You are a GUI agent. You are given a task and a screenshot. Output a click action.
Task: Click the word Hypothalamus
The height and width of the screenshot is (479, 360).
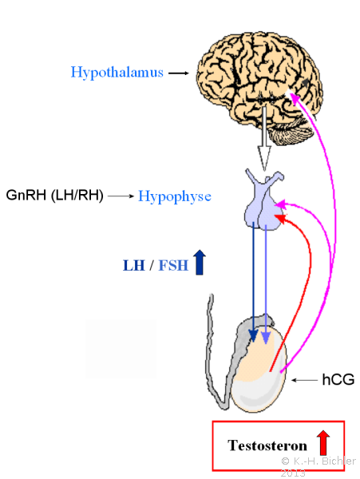[x=117, y=73]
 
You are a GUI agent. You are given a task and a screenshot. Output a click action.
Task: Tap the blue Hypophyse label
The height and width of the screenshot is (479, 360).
[x=175, y=196]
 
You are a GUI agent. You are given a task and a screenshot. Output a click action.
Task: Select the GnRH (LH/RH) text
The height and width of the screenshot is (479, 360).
[x=54, y=195]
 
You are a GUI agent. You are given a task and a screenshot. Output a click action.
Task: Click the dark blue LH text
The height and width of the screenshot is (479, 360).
[x=134, y=265]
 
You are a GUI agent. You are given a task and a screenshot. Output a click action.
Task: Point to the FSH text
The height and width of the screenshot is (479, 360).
[x=173, y=265]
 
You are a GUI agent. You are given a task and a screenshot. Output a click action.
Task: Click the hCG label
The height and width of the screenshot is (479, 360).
[x=338, y=380]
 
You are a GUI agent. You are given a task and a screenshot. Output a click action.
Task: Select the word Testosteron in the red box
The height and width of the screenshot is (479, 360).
[x=267, y=445]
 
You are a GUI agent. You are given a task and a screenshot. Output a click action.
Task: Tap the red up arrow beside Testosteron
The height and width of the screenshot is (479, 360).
[x=323, y=442]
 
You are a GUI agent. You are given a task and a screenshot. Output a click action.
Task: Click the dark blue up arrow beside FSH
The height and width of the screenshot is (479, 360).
[x=200, y=262]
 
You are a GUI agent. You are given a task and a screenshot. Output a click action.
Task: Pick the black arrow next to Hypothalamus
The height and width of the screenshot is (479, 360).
[x=179, y=73]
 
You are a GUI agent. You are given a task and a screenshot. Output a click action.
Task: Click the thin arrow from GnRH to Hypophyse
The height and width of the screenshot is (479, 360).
[x=121, y=196]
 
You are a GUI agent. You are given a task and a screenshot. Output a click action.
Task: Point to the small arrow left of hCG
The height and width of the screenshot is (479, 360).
[x=304, y=380]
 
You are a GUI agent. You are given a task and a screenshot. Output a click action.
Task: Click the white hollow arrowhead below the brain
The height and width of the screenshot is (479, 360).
[x=264, y=158]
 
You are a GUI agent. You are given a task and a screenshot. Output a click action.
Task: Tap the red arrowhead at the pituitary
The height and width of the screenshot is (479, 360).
[x=281, y=219]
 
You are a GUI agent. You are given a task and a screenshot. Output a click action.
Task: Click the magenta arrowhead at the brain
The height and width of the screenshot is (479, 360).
[x=294, y=97]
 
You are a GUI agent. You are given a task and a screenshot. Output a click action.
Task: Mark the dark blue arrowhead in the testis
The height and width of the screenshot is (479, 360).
[x=253, y=335]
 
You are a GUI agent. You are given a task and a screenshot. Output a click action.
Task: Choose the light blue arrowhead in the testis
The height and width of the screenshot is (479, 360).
[x=266, y=338]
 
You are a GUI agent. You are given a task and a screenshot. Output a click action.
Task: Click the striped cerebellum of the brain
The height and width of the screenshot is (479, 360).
[x=291, y=134]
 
